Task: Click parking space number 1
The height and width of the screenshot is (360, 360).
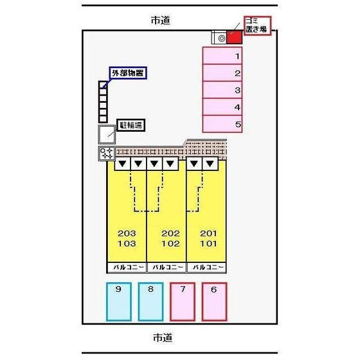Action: (222, 56)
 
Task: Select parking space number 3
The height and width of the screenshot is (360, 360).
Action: (222, 90)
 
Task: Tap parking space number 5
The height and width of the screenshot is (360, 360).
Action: (222, 124)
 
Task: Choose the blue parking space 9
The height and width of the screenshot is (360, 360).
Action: (119, 301)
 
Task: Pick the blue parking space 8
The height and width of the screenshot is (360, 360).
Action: (150, 301)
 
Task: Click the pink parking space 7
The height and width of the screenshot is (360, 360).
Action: (183, 301)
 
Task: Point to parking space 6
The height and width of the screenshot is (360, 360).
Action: (215, 301)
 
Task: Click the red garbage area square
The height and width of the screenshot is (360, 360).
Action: (235, 37)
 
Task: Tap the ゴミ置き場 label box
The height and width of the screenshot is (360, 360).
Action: (257, 26)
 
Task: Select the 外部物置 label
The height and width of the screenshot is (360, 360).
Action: (128, 73)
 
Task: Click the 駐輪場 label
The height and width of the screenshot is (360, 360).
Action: (131, 125)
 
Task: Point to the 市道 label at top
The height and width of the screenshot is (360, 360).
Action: (161, 21)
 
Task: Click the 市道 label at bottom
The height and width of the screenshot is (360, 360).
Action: (163, 337)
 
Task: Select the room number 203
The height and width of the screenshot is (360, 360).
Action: (127, 233)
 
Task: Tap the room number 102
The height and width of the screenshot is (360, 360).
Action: (170, 244)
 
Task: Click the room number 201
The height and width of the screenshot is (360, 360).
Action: (208, 233)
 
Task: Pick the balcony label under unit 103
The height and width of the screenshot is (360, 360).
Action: (127, 267)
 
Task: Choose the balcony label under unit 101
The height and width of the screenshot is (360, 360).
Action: (206, 267)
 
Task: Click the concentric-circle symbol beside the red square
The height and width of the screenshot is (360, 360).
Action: (222, 38)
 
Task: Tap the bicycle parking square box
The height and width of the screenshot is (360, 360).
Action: (107, 134)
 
